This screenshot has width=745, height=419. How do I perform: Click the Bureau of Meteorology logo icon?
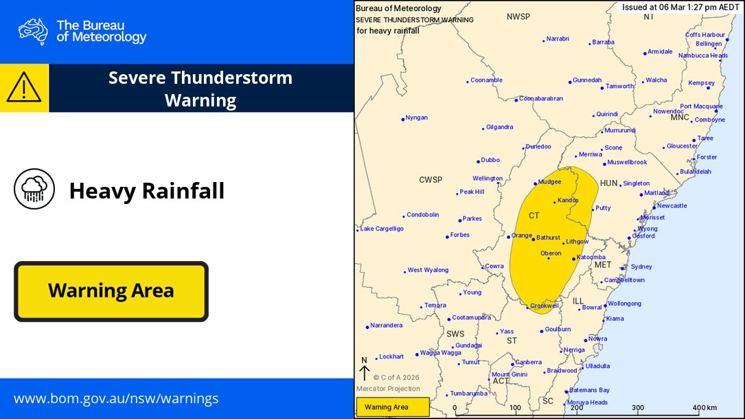[33, 32]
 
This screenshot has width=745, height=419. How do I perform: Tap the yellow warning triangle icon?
[24, 88]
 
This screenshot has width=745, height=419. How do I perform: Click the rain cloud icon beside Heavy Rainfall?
[34, 189]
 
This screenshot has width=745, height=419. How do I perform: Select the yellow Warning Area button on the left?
[111, 291]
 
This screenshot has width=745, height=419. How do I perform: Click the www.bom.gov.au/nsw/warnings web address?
[116, 398]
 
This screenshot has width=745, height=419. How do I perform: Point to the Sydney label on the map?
[641, 267]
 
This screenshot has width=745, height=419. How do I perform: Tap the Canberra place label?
[528, 362]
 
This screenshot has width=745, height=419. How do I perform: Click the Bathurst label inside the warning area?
[549, 238]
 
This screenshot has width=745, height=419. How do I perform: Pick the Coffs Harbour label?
[704, 35]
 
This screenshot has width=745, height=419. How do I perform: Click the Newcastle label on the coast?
[671, 206]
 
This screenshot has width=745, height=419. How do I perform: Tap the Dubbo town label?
[490, 160]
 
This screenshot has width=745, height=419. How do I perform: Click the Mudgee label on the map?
[549, 182]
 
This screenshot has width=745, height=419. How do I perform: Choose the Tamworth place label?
[619, 87]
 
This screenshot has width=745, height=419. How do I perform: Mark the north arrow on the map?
[365, 370]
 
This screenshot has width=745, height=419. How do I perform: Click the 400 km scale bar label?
[704, 407]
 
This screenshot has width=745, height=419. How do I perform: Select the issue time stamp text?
[680, 8]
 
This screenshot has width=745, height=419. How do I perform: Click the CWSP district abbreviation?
[431, 180]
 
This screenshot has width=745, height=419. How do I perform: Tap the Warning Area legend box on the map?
[392, 407]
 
